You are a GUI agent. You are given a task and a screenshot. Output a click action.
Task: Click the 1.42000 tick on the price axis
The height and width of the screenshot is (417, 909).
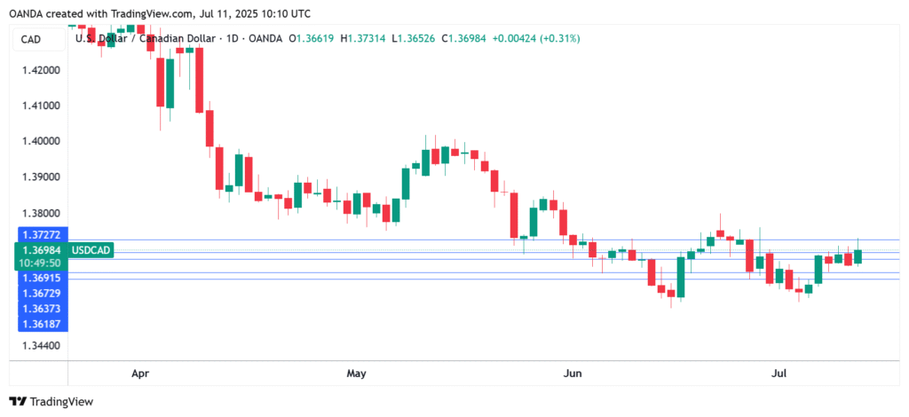38,69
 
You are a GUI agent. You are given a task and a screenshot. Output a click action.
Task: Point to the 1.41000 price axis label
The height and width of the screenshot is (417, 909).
38,106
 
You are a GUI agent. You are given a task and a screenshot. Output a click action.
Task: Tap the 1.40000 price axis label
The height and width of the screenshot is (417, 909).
38,141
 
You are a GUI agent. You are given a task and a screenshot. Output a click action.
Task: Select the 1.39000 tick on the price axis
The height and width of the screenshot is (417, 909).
38,177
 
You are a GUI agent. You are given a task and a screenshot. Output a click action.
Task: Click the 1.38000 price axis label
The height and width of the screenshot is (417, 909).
38,213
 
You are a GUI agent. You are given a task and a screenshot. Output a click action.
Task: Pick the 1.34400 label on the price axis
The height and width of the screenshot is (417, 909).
38,344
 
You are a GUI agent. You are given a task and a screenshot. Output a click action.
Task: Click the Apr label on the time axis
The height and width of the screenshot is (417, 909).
139,374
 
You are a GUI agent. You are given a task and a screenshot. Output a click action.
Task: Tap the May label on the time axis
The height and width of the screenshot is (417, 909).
357,374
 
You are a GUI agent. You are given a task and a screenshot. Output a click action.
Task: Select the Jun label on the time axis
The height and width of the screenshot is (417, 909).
573,374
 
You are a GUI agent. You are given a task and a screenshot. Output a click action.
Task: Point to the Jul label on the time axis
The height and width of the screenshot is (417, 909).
779,374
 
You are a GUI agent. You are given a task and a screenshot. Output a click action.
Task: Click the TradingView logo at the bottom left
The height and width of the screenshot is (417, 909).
51,401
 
